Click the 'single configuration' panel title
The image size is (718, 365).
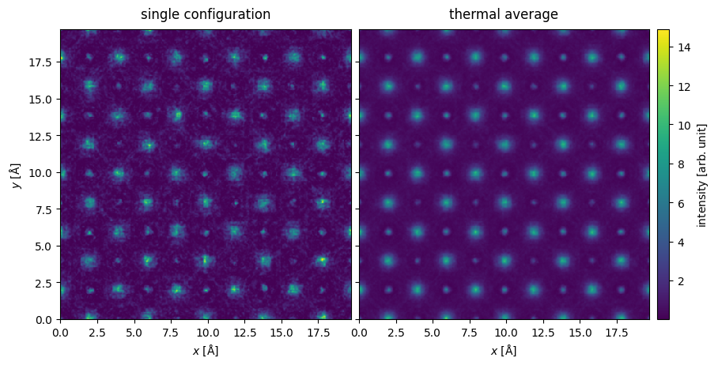click(x=206, y=14)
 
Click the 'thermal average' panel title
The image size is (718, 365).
click(x=504, y=14)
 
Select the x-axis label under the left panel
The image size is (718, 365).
click(x=206, y=351)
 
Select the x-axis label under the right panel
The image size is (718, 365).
click(x=504, y=351)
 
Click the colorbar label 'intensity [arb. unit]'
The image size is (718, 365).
click(x=701, y=175)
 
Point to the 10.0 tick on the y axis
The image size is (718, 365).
click(x=44, y=172)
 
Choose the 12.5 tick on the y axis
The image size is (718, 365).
click(x=44, y=135)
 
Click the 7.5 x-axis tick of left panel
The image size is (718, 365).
click(x=171, y=333)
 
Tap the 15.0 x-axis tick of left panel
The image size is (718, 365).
click(x=282, y=333)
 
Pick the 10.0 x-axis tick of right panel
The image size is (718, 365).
click(x=506, y=333)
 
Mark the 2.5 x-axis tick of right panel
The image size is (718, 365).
click(x=396, y=333)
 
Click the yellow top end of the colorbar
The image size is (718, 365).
click(x=663, y=32)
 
